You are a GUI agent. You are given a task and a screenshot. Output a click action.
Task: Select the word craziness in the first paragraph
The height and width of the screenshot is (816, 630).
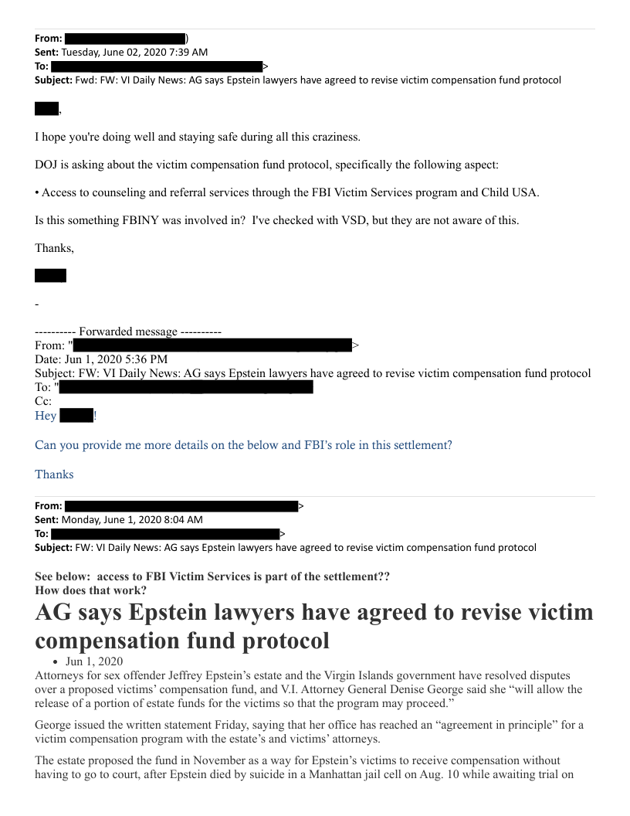[334, 137]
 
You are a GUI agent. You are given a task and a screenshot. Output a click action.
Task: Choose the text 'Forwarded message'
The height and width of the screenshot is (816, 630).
[127, 331]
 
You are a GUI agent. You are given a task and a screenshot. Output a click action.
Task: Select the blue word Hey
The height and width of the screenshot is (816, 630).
[46, 416]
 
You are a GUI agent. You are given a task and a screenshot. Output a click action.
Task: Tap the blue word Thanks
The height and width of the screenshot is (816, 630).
[54, 474]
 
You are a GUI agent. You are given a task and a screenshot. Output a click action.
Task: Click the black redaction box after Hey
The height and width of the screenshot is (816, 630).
[76, 416]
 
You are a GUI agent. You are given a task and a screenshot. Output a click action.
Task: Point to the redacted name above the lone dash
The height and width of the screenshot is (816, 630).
[50, 275]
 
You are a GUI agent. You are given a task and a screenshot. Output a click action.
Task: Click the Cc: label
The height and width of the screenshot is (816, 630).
[43, 401]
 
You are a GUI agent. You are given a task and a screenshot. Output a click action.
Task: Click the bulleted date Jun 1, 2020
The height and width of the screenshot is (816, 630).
[94, 661]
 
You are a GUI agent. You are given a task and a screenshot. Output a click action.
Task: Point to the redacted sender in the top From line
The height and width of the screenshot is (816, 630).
[124, 38]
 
